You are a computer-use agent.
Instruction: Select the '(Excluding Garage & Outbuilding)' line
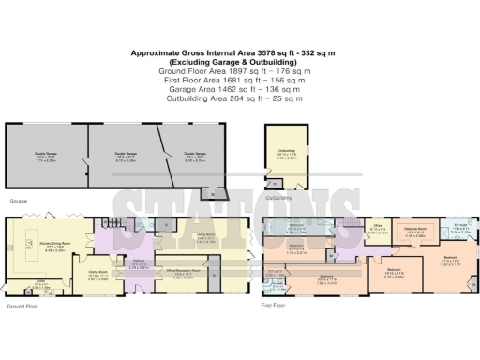pyautogui.click(x=240, y=62)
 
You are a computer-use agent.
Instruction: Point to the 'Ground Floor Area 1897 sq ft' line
pyautogui.click(x=240, y=71)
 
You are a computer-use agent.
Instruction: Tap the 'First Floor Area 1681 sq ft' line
pyautogui.click(x=240, y=81)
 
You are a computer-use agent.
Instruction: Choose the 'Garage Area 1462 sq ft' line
pyautogui.click(x=240, y=90)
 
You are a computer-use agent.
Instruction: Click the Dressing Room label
pyautogui.click(x=416, y=231)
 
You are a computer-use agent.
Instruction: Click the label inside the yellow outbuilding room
pyautogui.click(x=287, y=156)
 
